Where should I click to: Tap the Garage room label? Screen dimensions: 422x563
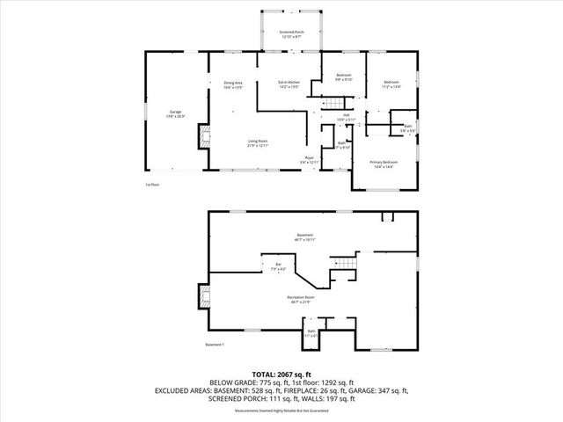[175, 113]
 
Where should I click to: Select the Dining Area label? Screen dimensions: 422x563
[233, 84]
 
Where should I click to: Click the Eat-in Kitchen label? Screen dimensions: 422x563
[289, 84]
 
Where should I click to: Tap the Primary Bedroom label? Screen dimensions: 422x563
[384, 164]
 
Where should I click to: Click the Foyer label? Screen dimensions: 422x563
[310, 160]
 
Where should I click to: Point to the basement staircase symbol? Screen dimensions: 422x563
[347, 264]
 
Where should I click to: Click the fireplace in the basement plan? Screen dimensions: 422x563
[205, 296]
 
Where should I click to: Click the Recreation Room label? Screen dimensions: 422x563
[301, 300]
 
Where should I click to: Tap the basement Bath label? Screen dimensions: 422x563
[311, 333]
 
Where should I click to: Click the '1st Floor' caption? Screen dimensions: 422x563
[153, 185]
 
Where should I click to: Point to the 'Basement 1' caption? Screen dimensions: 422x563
[215, 344]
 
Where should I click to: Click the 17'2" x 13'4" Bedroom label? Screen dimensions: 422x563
[391, 84]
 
